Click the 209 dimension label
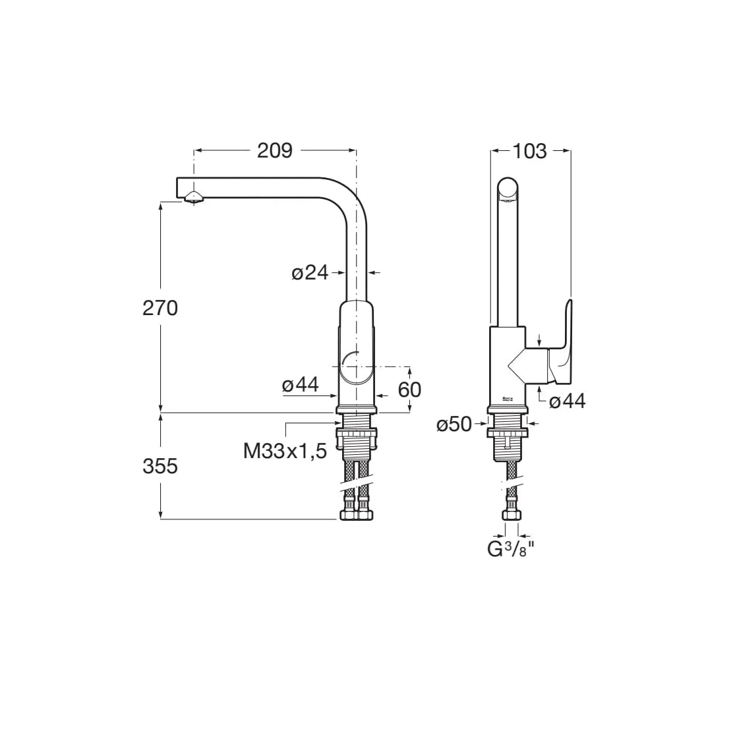275,150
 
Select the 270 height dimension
160,308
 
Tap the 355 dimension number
160,466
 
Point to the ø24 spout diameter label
310,272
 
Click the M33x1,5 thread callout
285,451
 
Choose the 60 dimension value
409,390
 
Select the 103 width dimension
530,151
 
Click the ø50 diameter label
454,425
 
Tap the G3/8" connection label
510,549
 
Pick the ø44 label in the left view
300,385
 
